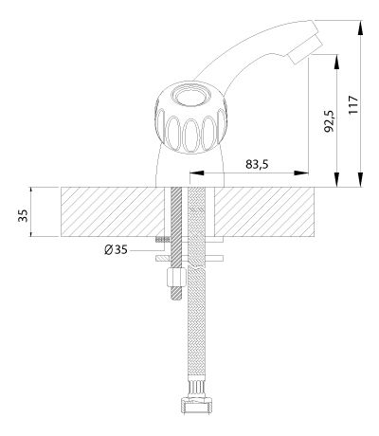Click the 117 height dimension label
point(353,104)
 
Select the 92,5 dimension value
point(330,121)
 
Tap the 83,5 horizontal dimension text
point(257,164)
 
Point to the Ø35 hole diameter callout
point(116,250)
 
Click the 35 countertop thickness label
point(23,215)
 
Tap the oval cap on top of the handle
point(190,96)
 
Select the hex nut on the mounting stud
point(176,277)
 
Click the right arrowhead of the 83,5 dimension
point(301,173)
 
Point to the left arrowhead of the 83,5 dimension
point(196,173)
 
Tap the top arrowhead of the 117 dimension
point(360,27)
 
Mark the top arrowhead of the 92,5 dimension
point(337,62)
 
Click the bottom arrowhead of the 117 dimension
point(360,179)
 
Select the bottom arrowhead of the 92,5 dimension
point(337,179)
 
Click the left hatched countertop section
point(113,211)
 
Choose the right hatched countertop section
point(264,211)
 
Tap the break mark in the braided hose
point(196,264)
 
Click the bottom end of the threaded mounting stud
point(176,299)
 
